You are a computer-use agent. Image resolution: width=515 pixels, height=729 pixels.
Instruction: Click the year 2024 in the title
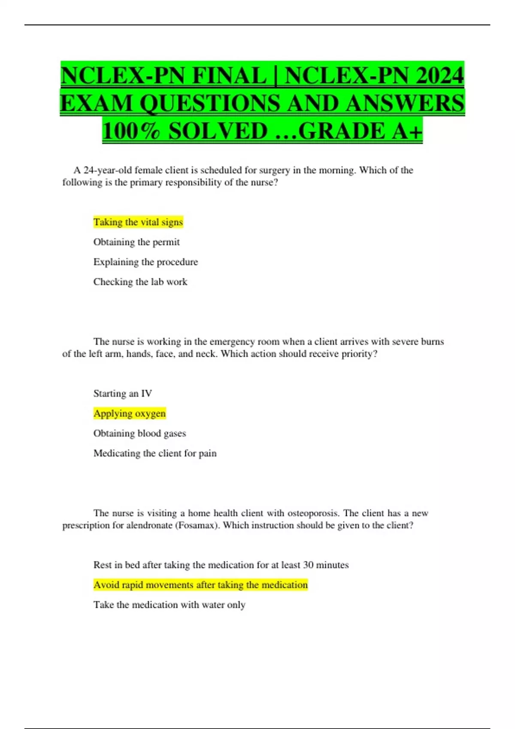(439, 75)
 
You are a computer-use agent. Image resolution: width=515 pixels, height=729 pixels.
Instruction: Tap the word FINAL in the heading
(230, 75)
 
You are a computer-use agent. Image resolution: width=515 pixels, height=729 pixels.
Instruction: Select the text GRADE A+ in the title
(360, 131)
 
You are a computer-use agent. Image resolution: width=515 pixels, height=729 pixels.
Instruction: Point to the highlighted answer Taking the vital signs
(138, 222)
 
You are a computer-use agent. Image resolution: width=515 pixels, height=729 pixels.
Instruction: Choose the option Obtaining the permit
(136, 242)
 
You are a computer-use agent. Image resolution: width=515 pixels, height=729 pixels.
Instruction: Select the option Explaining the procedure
(145, 262)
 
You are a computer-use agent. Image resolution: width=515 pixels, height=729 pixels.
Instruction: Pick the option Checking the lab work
(140, 282)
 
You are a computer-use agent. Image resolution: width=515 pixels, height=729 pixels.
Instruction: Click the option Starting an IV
(123, 394)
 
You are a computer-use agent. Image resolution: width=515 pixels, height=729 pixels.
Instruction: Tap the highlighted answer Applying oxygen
(130, 413)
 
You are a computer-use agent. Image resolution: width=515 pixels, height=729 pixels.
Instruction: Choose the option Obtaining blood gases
(139, 434)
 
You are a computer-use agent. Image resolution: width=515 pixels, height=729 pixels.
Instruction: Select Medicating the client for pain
(155, 453)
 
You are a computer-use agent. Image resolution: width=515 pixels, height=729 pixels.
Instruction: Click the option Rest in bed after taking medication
(221, 565)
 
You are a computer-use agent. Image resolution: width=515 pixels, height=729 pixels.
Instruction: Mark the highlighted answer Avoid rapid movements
(200, 585)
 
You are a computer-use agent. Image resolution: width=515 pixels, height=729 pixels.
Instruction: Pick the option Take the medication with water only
(169, 605)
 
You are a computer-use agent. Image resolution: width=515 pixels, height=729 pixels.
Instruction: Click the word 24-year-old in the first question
(108, 170)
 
